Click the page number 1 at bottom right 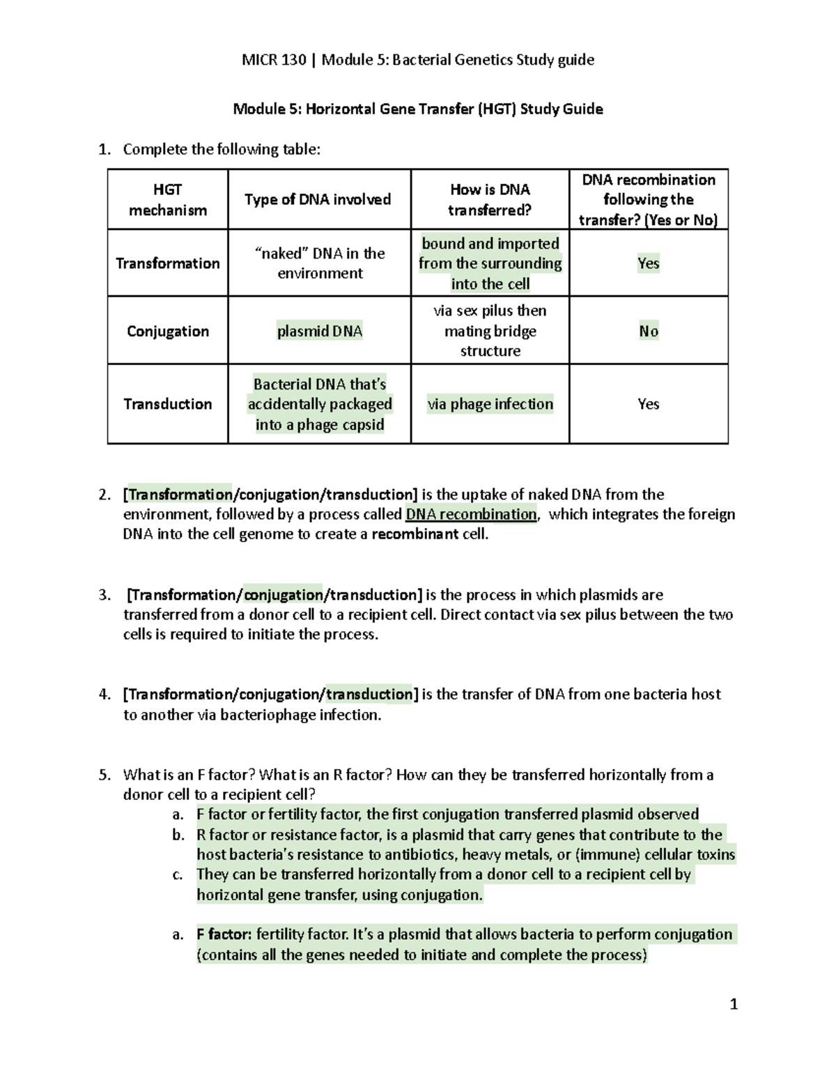pyautogui.click(x=733, y=1004)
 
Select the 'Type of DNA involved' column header pyautogui.click(x=318, y=199)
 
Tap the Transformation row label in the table pyautogui.click(x=168, y=263)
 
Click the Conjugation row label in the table pyautogui.click(x=168, y=331)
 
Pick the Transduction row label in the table pyautogui.click(x=168, y=404)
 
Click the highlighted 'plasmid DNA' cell pyautogui.click(x=320, y=331)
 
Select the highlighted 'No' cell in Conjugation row pyautogui.click(x=649, y=331)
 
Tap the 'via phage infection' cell pyautogui.click(x=490, y=404)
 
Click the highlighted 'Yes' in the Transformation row pyautogui.click(x=649, y=263)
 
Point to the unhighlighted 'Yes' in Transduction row pyautogui.click(x=649, y=404)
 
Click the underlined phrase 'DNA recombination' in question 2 pyautogui.click(x=471, y=514)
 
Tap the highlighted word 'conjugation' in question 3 pyautogui.click(x=284, y=595)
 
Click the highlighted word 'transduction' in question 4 pyautogui.click(x=369, y=694)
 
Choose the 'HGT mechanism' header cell pyautogui.click(x=168, y=199)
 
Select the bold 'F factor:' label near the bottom pyautogui.click(x=224, y=934)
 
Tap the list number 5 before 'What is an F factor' pyautogui.click(x=104, y=775)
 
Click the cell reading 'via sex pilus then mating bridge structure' pyautogui.click(x=490, y=331)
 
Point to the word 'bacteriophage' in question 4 pyautogui.click(x=268, y=715)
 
